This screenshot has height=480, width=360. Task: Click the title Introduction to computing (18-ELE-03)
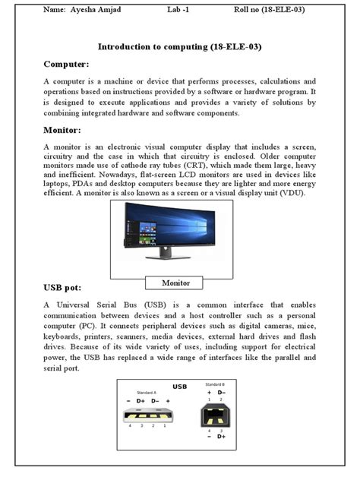pos(180,46)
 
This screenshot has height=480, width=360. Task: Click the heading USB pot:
pos(68,288)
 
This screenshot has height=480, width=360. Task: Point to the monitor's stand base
pos(169,257)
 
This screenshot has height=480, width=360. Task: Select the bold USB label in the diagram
pos(179,387)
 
